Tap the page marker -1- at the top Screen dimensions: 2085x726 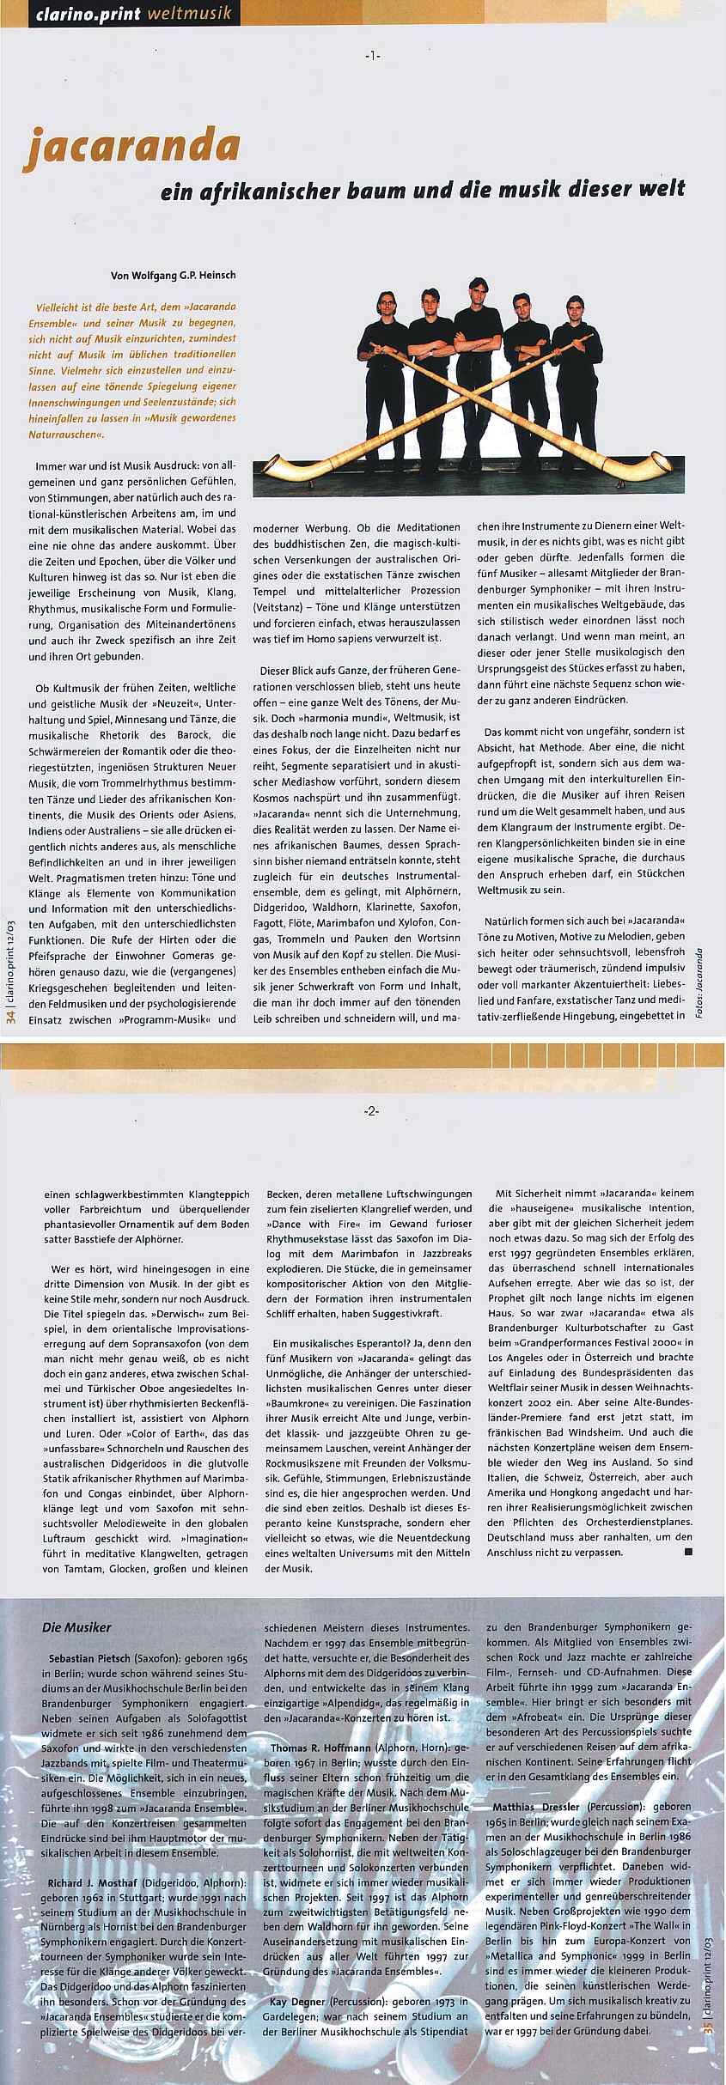point(371,56)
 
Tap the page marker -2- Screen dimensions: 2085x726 point(371,1111)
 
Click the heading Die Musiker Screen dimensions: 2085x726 point(76,1627)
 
